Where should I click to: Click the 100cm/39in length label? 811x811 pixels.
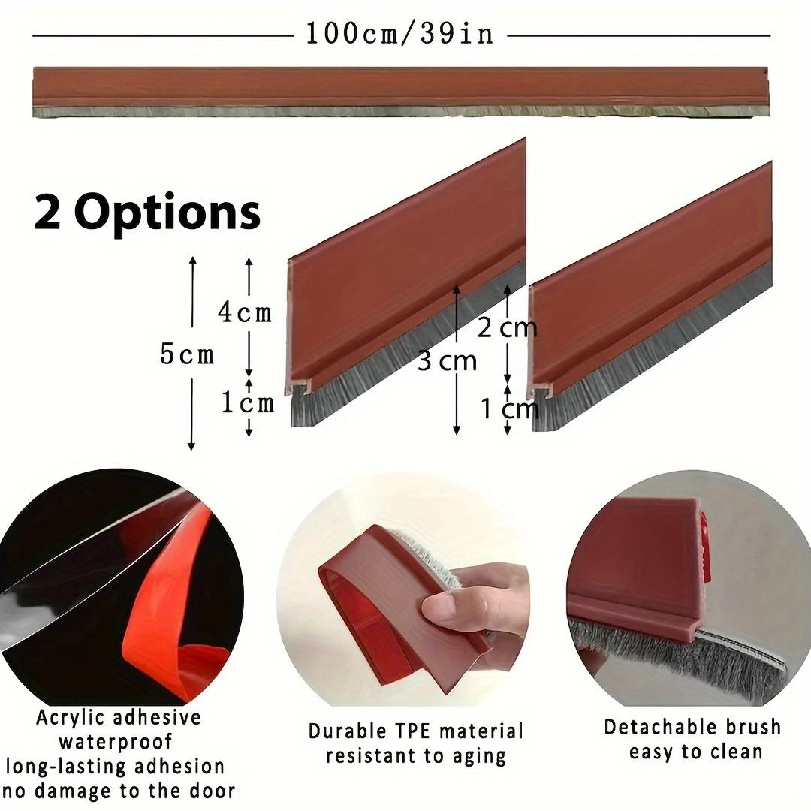coord(399,34)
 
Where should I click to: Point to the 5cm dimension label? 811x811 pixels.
coord(187,354)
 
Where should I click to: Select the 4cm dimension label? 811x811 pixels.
coord(245,312)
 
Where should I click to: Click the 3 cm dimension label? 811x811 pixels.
coord(447,360)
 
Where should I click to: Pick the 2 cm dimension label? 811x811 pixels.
coord(507,328)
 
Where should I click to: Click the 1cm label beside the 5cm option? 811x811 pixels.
coord(248,402)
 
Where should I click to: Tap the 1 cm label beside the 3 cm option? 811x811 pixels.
coord(509,409)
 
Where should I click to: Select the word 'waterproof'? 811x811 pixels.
coord(116,742)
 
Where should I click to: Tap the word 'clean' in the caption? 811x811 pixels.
coord(737,752)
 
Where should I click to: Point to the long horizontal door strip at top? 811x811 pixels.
coord(400,92)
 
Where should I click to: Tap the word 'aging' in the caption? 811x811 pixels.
coord(479,757)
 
